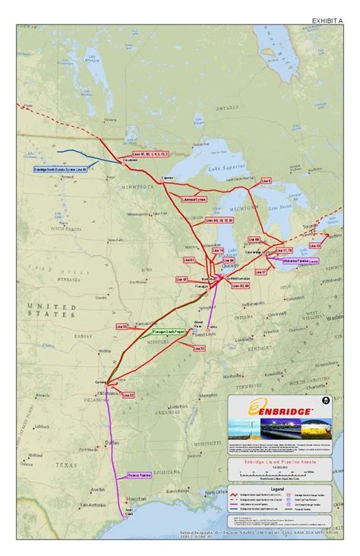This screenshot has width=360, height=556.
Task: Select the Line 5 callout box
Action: tap(265, 182)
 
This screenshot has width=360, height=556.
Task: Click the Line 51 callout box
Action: tap(198, 348)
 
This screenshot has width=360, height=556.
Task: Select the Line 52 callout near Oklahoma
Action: tap(128, 395)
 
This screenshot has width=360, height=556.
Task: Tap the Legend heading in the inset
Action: tap(277, 489)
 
